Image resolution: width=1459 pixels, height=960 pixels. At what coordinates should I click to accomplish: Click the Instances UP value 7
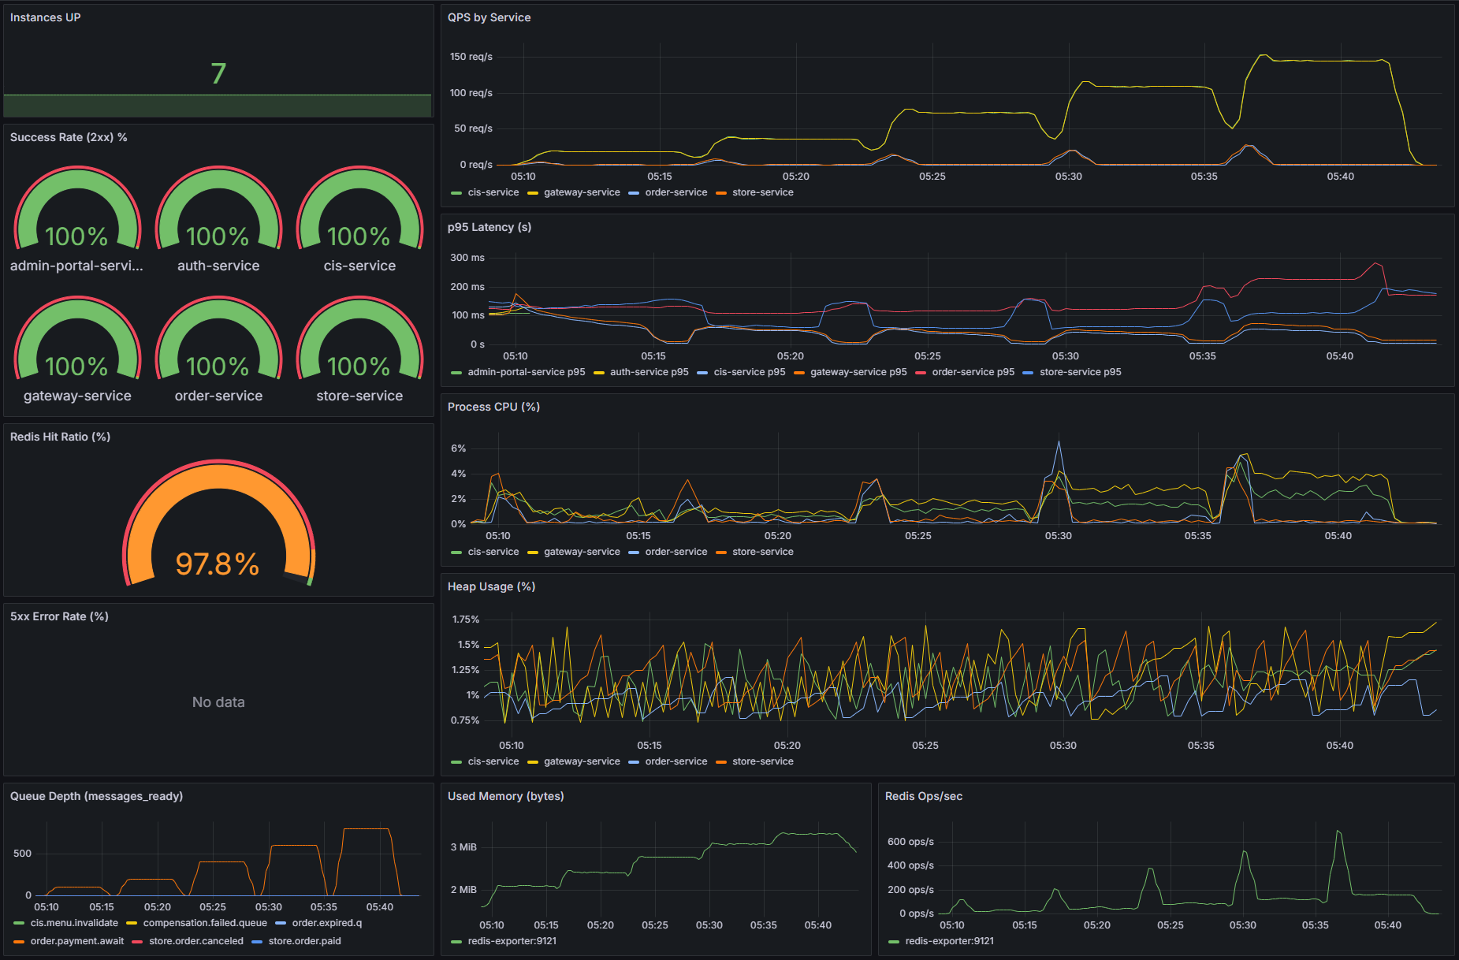[x=218, y=73]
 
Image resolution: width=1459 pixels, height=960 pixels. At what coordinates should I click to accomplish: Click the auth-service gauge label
[x=218, y=266]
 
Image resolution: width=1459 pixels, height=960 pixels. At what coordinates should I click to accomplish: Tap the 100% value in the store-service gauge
[x=359, y=367]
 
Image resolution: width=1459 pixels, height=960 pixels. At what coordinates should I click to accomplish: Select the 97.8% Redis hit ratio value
[x=218, y=564]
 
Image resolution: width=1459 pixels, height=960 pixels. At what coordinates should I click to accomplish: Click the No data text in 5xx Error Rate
[x=218, y=701]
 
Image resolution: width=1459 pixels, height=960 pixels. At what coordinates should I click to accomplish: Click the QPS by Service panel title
[x=489, y=17]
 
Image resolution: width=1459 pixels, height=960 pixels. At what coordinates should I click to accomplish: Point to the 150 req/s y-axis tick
[x=471, y=57]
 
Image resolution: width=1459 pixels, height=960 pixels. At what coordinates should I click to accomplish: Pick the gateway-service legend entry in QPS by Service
[x=581, y=192]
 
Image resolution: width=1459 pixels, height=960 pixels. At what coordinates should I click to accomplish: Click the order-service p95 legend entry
[x=973, y=372]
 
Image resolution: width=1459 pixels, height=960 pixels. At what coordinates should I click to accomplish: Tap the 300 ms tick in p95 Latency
[x=467, y=258]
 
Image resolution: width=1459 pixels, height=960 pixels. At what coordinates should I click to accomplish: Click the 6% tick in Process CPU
[x=458, y=448]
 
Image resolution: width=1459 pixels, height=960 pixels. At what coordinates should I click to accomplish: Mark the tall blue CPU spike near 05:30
[x=1059, y=443]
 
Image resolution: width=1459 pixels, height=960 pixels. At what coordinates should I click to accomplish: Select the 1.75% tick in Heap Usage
[x=465, y=620]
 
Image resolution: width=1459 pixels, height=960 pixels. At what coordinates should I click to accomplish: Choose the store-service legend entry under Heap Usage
[x=762, y=761]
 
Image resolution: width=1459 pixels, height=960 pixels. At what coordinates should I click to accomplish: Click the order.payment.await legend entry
[x=76, y=941]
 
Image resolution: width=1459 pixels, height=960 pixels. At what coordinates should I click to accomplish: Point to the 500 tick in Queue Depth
[x=22, y=854]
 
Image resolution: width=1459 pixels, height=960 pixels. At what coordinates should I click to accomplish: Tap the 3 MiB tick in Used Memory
[x=463, y=847]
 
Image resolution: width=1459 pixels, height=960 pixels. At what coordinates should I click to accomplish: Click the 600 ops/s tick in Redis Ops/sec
[x=910, y=842]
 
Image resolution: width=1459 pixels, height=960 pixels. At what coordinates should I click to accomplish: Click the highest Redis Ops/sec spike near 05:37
[x=1338, y=832]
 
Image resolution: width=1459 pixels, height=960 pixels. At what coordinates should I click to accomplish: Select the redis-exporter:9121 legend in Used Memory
[x=512, y=941]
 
